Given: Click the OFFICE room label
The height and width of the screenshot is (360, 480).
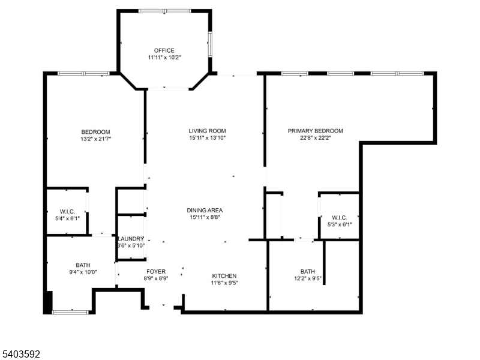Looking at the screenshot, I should (164, 50).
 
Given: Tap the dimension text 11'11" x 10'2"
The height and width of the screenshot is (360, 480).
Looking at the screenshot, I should (164, 58).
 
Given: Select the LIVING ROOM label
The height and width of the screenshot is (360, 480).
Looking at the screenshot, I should (207, 131).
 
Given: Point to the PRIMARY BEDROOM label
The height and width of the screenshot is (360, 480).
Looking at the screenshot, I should (315, 131).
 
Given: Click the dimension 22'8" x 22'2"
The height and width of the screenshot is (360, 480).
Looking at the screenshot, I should (315, 139).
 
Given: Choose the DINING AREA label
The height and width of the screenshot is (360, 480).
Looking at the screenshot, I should (205, 210).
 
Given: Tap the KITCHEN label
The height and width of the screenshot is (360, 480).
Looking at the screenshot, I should (224, 276).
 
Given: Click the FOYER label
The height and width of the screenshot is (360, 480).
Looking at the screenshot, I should (155, 272).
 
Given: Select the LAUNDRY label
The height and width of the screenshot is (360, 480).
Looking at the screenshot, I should (131, 238).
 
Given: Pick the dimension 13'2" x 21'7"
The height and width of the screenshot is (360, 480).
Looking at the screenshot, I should (96, 139).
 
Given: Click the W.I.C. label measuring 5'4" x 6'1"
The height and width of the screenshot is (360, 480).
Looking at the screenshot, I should (67, 211).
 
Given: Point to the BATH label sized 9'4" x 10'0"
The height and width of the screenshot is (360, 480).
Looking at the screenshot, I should (83, 265).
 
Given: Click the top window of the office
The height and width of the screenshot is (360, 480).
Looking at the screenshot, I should (164, 11).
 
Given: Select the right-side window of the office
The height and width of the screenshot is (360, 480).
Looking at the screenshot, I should (210, 44).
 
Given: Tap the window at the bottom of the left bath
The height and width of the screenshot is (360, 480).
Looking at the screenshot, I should (71, 311).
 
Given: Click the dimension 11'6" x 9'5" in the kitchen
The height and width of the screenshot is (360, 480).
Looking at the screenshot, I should (224, 284).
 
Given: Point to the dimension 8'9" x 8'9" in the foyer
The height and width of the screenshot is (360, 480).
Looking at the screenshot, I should (155, 279).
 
